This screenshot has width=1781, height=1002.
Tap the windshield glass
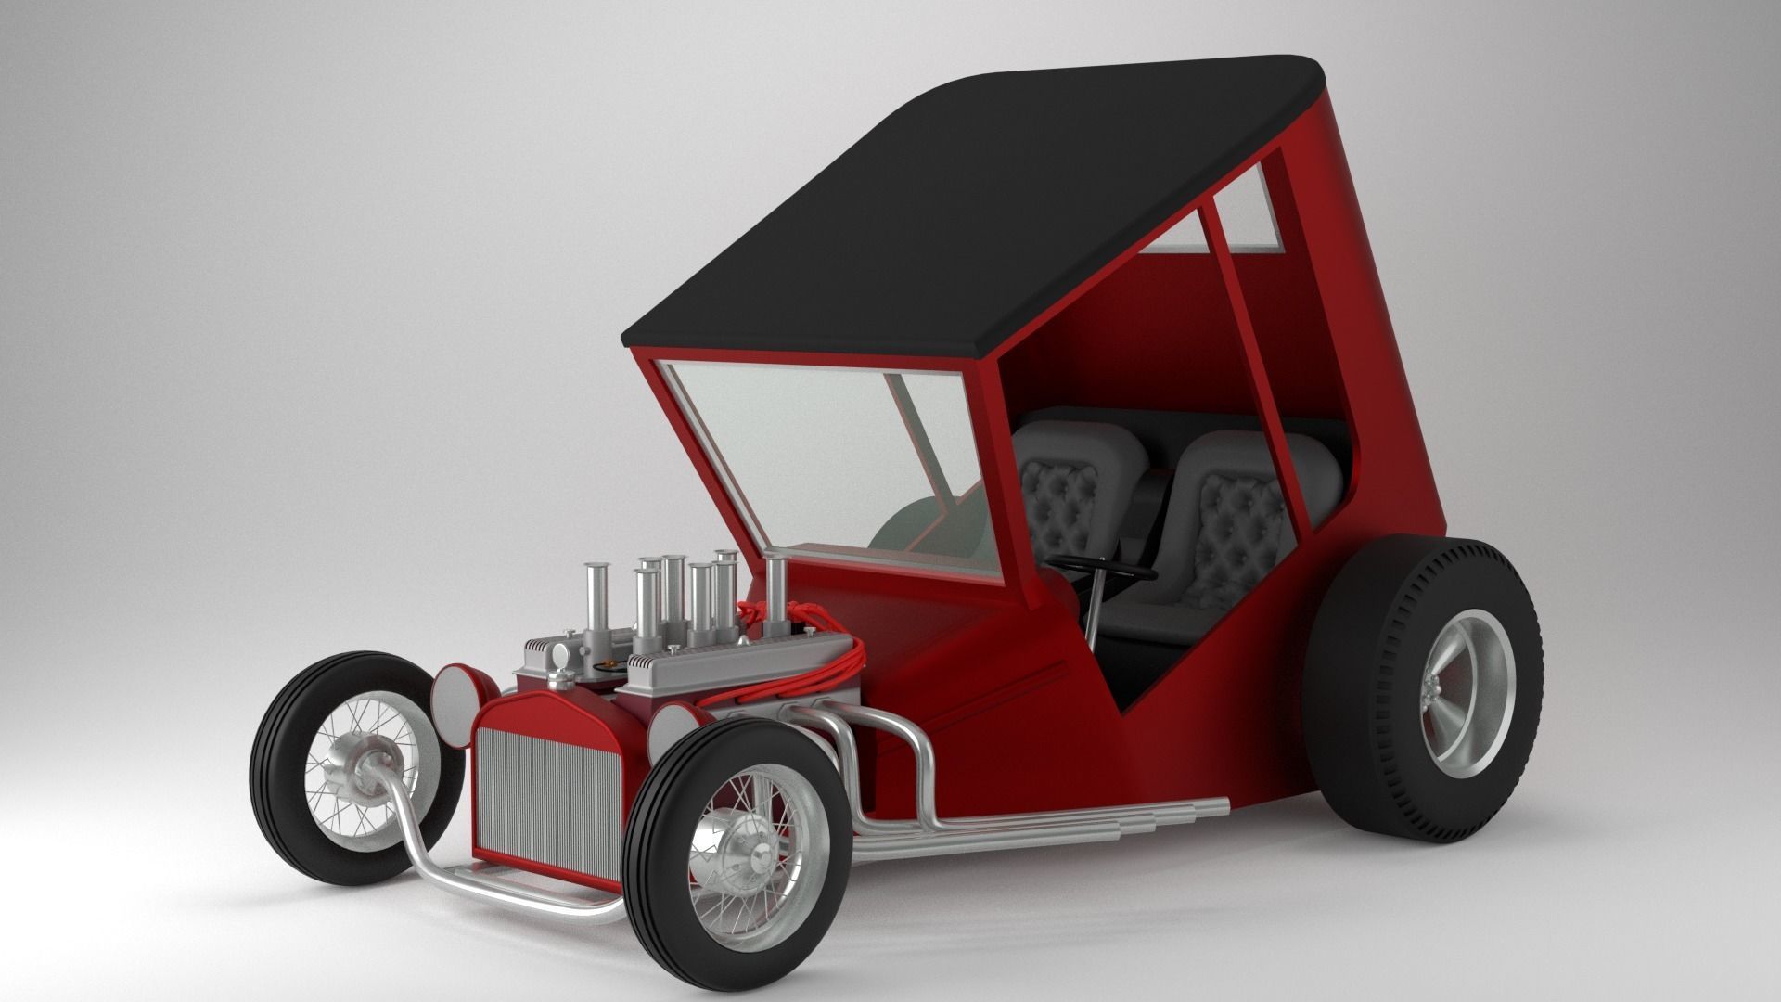tap(835, 464)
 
